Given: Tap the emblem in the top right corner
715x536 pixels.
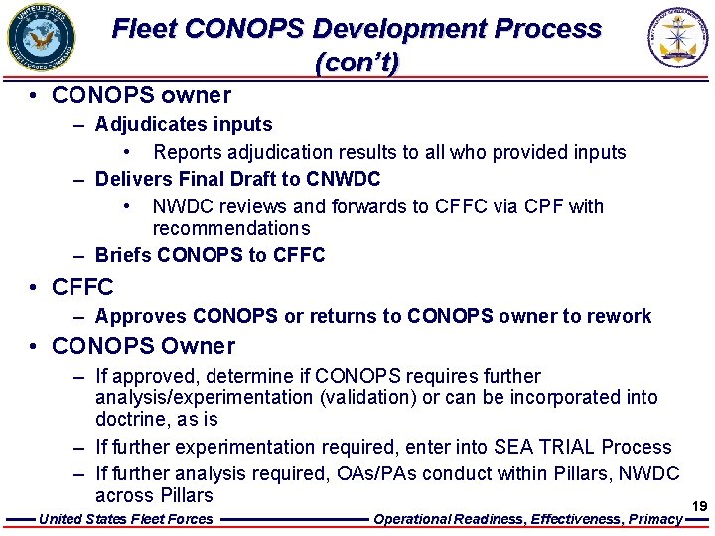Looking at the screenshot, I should pos(680,38).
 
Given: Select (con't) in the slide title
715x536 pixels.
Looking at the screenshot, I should pos(357,64).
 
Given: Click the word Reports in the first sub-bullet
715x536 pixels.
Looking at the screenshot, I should pos(188,152).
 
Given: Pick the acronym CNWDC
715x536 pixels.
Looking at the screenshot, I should pos(344,179).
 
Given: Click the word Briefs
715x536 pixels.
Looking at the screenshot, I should pos(123,255).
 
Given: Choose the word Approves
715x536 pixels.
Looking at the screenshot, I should pos(141,316).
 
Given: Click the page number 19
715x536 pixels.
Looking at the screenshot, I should pos(699,506).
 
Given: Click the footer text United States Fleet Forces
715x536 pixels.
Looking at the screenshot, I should pos(125,519).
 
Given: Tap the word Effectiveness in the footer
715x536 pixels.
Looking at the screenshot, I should pos(573,519).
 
